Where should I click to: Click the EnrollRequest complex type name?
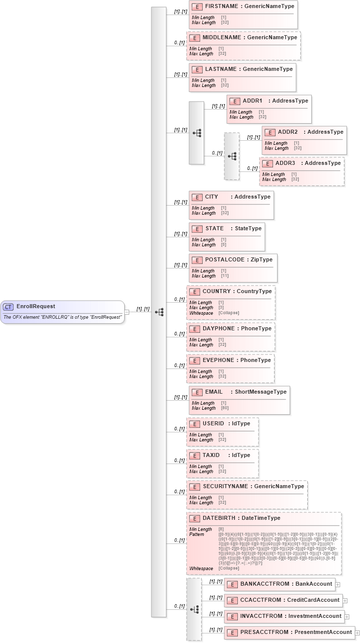(36, 306)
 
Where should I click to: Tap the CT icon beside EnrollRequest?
(8, 307)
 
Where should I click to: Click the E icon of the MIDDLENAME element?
(195, 38)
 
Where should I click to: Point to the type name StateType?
(248, 228)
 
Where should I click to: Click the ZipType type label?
(261, 259)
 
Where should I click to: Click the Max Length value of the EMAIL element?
(224, 408)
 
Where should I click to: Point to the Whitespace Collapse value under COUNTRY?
(229, 313)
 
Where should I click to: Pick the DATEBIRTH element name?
(220, 518)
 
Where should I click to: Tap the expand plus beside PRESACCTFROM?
(357, 632)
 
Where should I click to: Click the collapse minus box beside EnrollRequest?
(127, 312)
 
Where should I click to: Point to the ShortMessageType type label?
(261, 392)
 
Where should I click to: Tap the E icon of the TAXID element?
(195, 455)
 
